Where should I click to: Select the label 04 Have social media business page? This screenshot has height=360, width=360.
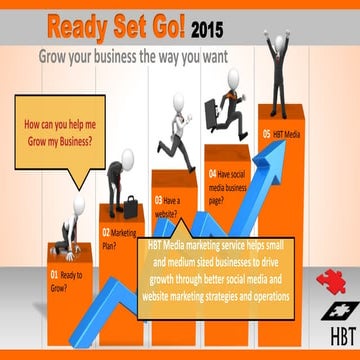(x=230, y=186)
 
